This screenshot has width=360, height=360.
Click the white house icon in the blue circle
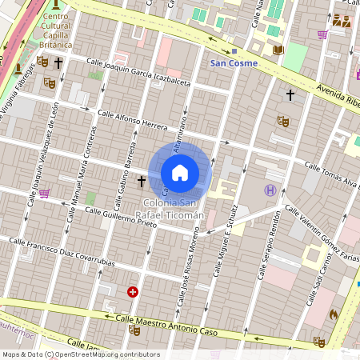pos(180,172)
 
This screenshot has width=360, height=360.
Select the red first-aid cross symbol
pos(133,293)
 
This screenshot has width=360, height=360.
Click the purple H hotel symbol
pos(270,190)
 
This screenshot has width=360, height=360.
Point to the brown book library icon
pos(278,50)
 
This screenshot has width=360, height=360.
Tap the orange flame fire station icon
pos(334,315)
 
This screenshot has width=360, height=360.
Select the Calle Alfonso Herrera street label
pos(132,121)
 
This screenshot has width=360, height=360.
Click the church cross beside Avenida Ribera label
pos(290,95)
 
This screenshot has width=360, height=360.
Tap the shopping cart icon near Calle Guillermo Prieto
pos(44,193)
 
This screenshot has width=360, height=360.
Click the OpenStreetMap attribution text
pos(81,354)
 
